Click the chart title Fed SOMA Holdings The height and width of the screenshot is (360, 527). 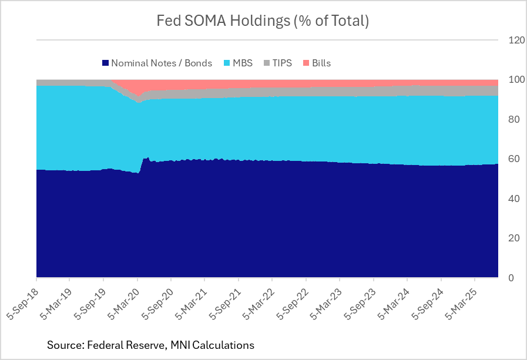click(262, 21)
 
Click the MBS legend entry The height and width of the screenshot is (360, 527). click(242, 63)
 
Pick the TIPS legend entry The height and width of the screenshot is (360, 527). click(281, 63)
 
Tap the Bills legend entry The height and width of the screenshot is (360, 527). click(321, 63)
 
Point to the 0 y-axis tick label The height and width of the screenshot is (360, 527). click(512, 278)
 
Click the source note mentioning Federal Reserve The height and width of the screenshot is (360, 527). click(150, 345)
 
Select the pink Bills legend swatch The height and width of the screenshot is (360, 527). click(306, 63)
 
